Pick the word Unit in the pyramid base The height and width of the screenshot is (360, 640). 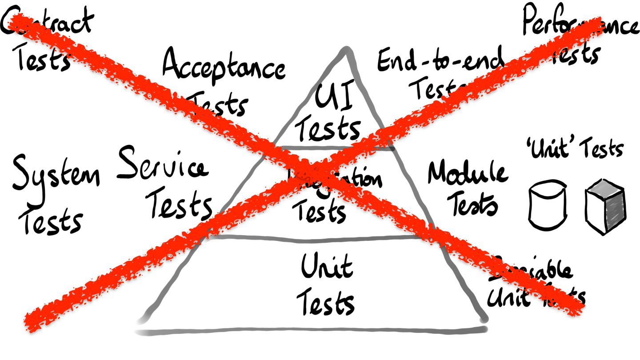pos(327,267)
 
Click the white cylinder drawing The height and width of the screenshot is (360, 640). pos(547,204)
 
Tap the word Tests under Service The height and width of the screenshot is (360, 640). pos(180,204)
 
